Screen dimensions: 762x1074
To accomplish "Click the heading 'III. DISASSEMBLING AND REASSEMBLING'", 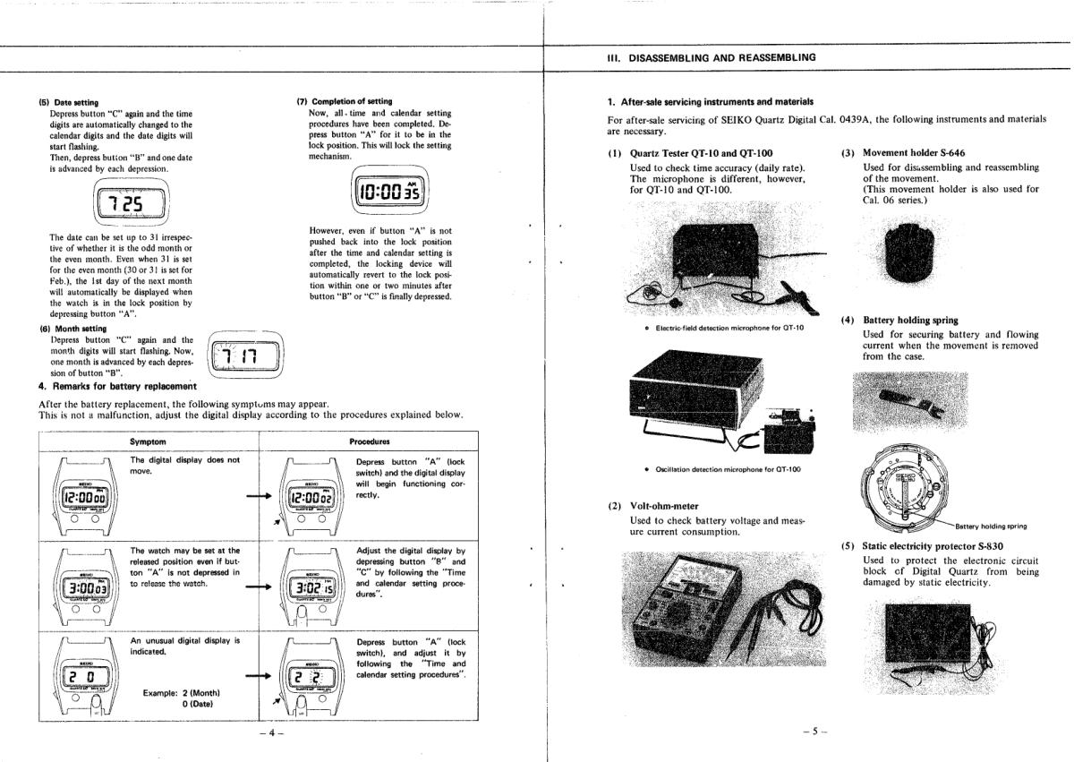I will click(711, 57).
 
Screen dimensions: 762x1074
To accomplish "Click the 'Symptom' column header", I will click(149, 441).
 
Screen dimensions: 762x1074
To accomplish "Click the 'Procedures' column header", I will click(369, 441).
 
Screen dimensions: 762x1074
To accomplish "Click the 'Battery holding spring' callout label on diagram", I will click(991, 527).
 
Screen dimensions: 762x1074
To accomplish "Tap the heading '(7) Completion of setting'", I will click(344, 101).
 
